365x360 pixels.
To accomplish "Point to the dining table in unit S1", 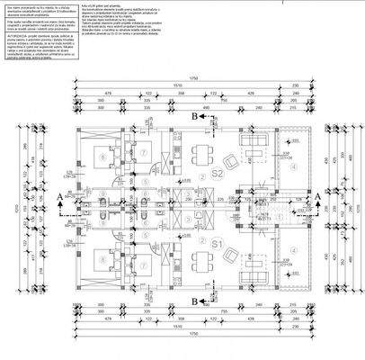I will point(199,264).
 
